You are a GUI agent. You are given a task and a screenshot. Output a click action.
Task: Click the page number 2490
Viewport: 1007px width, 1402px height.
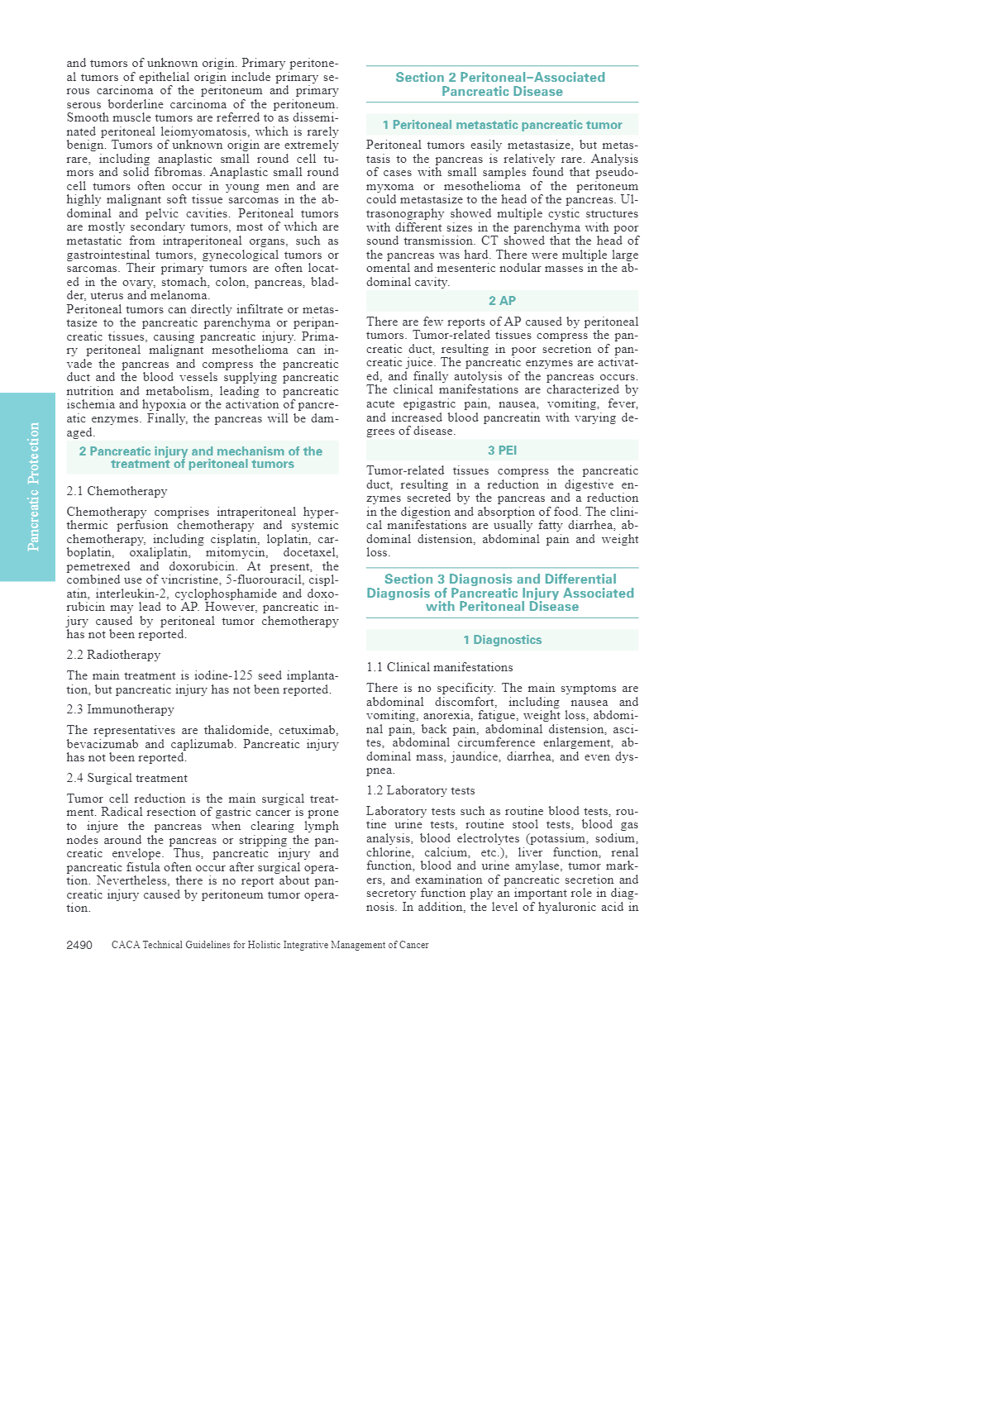click(x=79, y=945)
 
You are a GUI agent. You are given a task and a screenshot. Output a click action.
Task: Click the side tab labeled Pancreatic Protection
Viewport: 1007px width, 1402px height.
click(x=33, y=487)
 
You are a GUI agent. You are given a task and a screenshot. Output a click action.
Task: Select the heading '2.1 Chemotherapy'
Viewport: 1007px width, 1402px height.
click(x=117, y=491)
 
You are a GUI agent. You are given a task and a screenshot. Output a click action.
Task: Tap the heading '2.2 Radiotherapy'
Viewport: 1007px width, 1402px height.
click(x=113, y=655)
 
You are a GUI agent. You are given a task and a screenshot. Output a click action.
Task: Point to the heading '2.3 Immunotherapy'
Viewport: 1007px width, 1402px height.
click(x=120, y=709)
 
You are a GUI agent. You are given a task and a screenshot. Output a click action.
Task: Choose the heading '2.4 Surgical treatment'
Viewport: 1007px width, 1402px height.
click(x=126, y=778)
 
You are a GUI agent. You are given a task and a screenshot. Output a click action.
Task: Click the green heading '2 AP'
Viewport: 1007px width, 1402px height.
click(x=502, y=301)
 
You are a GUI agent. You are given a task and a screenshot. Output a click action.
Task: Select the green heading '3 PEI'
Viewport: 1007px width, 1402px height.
click(x=502, y=451)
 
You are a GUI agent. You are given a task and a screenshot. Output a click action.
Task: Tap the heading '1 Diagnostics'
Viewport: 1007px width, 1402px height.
click(x=502, y=640)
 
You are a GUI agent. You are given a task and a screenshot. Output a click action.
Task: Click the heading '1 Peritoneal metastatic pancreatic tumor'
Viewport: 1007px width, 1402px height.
click(x=502, y=125)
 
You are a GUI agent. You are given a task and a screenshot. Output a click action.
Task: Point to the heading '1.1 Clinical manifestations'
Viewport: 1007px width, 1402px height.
click(x=439, y=667)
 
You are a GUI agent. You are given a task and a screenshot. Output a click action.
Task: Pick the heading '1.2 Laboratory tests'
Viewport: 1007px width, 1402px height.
click(x=420, y=790)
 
